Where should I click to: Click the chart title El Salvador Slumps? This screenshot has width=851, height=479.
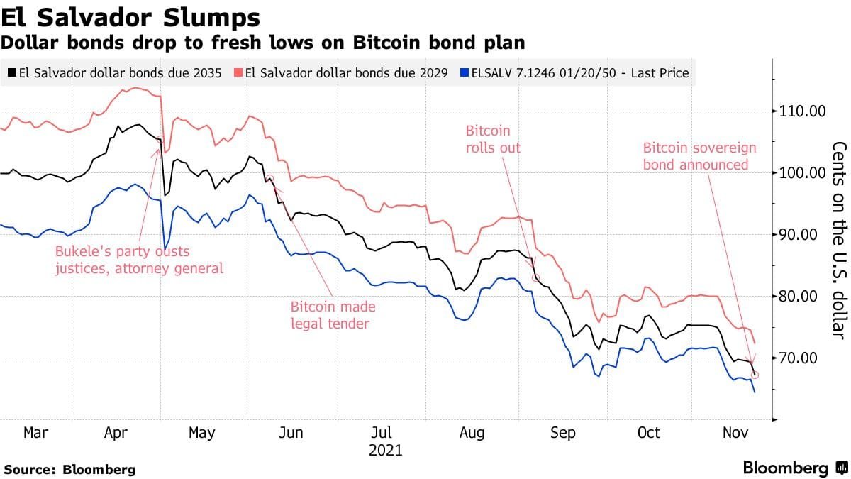pos(130,16)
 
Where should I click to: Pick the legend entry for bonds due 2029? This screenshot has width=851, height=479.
pos(346,72)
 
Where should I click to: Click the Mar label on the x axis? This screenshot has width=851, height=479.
pos(37,432)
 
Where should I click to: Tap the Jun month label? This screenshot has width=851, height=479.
pos(291,432)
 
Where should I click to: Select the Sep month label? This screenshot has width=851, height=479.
pos(563,432)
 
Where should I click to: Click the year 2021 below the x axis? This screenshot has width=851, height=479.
pos(384,451)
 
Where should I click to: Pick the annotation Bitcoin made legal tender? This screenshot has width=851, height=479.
pos(333,315)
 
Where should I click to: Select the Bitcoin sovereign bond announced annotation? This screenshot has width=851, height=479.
pos(699,156)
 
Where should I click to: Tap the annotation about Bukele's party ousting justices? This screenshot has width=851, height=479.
pos(139,260)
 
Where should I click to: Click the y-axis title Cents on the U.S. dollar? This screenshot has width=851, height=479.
pos(838,239)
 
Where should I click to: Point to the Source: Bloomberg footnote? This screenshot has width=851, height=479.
pos(69,469)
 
